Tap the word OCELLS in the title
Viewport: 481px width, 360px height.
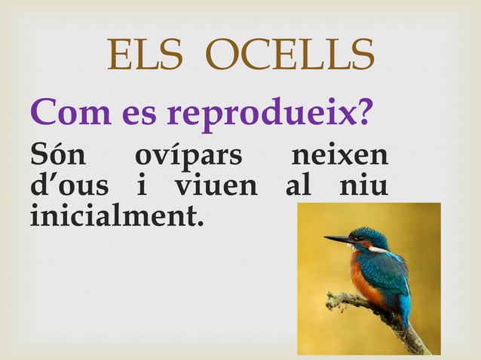pos(290,55)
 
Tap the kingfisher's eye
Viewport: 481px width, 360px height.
pos(360,238)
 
